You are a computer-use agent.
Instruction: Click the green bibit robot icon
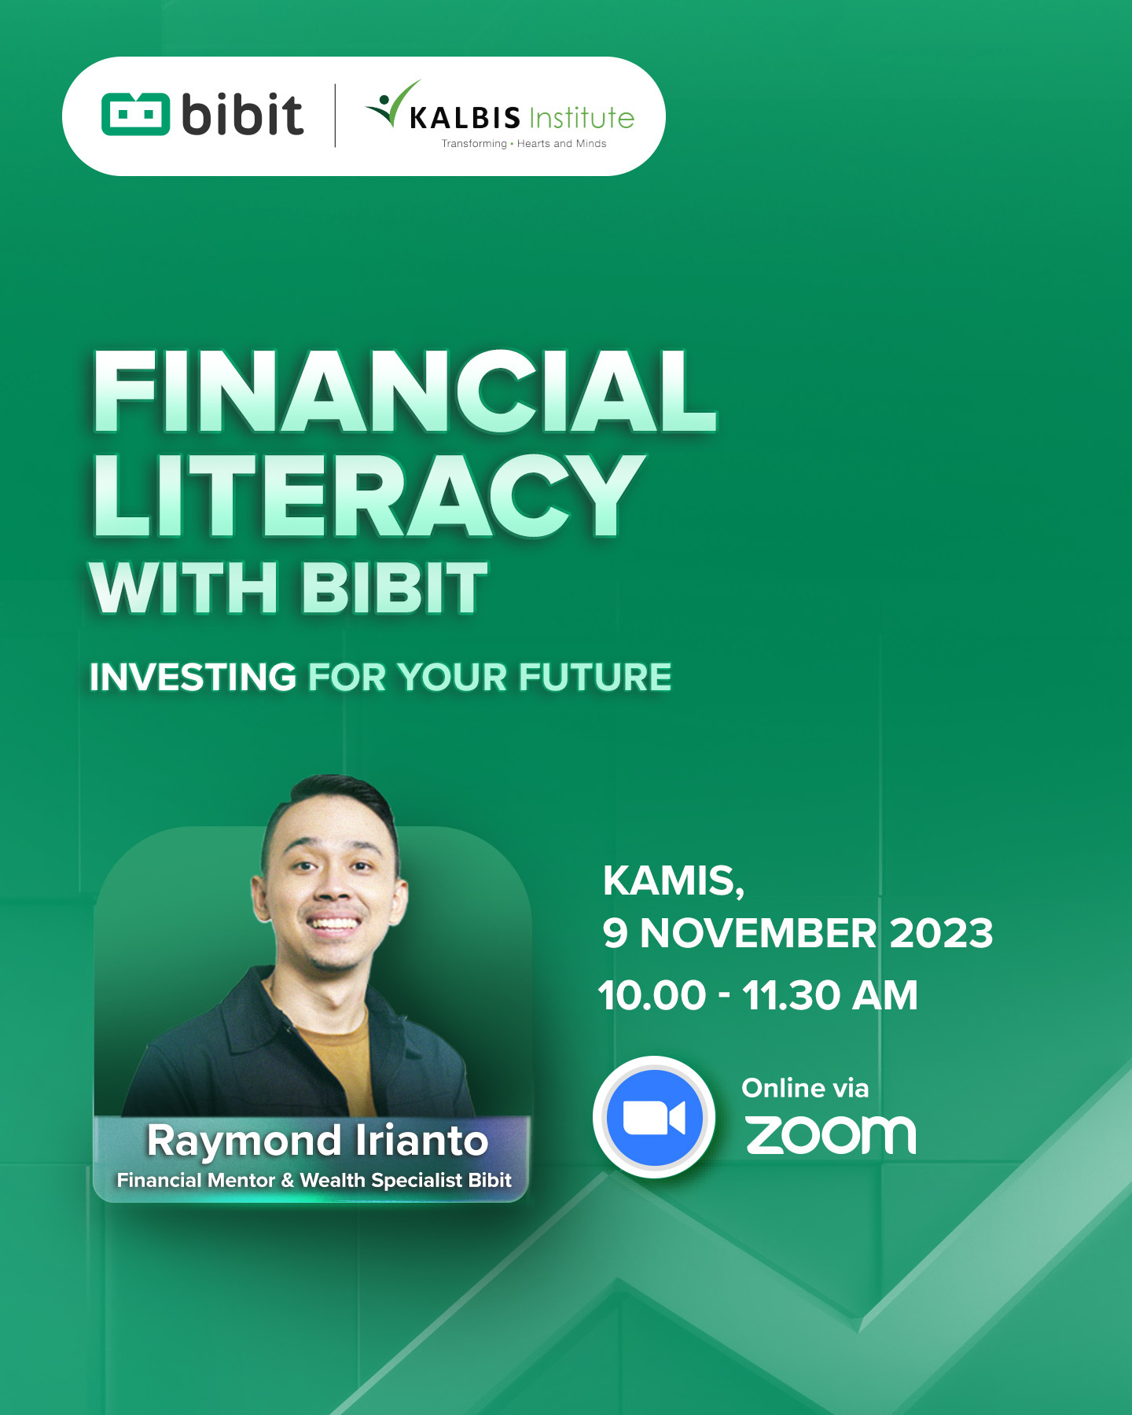coord(135,114)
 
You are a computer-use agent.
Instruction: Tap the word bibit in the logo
coord(242,114)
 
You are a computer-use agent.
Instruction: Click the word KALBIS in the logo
coord(465,118)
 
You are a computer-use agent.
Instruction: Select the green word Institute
coord(582,118)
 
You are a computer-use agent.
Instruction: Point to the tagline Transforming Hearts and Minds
coord(524,143)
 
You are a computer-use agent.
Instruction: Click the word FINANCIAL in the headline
coord(404,391)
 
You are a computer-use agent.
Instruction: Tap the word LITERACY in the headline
coord(368,495)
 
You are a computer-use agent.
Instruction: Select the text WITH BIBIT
coord(289,587)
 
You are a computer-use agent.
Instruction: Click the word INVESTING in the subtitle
coord(193,677)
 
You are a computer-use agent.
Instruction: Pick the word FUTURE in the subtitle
coord(595,677)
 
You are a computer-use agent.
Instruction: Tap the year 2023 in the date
coord(942,933)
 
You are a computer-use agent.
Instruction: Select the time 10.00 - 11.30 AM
coord(758,995)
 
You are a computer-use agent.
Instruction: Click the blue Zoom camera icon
coord(654,1117)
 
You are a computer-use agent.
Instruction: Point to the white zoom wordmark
coord(831,1135)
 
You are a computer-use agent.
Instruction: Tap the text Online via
coord(805,1088)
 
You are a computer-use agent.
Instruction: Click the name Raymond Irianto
coord(318,1141)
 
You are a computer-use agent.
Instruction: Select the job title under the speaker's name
coord(314,1180)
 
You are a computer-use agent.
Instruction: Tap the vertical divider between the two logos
coord(336,116)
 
